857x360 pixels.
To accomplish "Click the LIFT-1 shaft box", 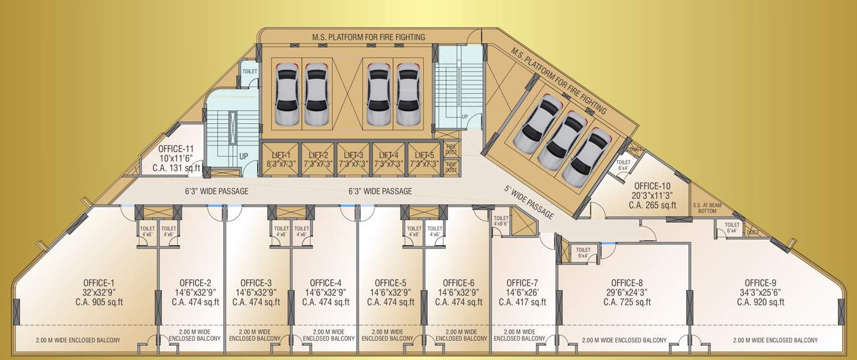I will point(280,159).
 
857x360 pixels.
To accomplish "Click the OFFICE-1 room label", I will point(99,283).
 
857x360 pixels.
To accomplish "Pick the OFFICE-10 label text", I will point(652,186).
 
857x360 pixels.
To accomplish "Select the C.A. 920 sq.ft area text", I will point(760,302).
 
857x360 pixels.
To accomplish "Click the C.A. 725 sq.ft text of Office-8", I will point(627,302).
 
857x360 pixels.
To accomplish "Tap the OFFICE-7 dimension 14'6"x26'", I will point(522,293).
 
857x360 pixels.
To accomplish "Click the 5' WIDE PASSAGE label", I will point(529,202).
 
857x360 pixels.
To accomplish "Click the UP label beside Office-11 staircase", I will point(244,157).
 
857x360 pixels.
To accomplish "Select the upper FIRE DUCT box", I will point(451,148).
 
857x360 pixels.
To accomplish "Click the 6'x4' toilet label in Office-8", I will point(582,253).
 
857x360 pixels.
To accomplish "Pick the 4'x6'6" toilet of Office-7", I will point(501,221).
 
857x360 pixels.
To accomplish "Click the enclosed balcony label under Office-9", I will point(775,340).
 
